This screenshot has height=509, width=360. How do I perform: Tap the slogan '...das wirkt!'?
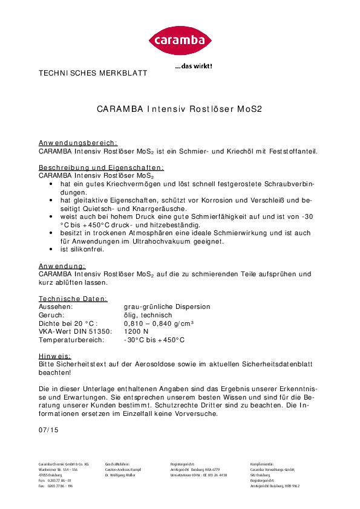click(194, 66)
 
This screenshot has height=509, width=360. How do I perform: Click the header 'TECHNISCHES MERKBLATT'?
click(93, 73)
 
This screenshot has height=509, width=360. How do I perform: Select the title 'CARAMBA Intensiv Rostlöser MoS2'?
click(179, 110)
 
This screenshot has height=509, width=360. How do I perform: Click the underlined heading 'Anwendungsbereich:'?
click(78, 143)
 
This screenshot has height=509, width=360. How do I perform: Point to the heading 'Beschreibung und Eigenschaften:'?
click(102, 167)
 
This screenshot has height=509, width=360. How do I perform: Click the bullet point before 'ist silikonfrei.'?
click(53, 249)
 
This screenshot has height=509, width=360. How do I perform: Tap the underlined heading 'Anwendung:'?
click(62, 265)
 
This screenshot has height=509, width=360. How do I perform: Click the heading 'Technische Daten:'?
click(73, 299)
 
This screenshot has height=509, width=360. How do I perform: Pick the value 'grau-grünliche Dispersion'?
click(167, 306)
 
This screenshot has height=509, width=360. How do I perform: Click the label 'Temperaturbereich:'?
click(71, 340)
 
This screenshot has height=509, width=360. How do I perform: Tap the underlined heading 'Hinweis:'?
click(55, 357)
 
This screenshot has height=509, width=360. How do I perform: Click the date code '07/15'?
click(47, 430)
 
